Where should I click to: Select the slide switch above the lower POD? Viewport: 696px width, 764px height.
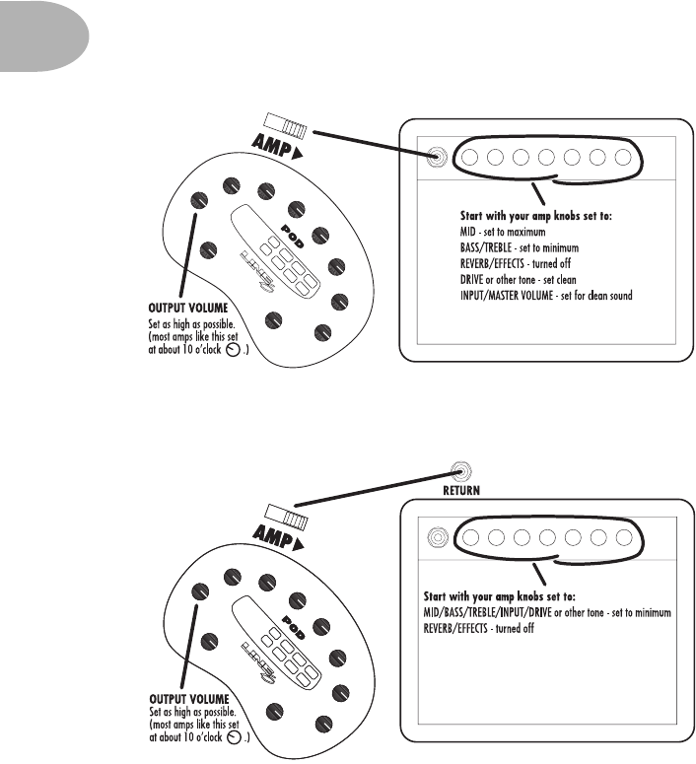pos(286,513)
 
